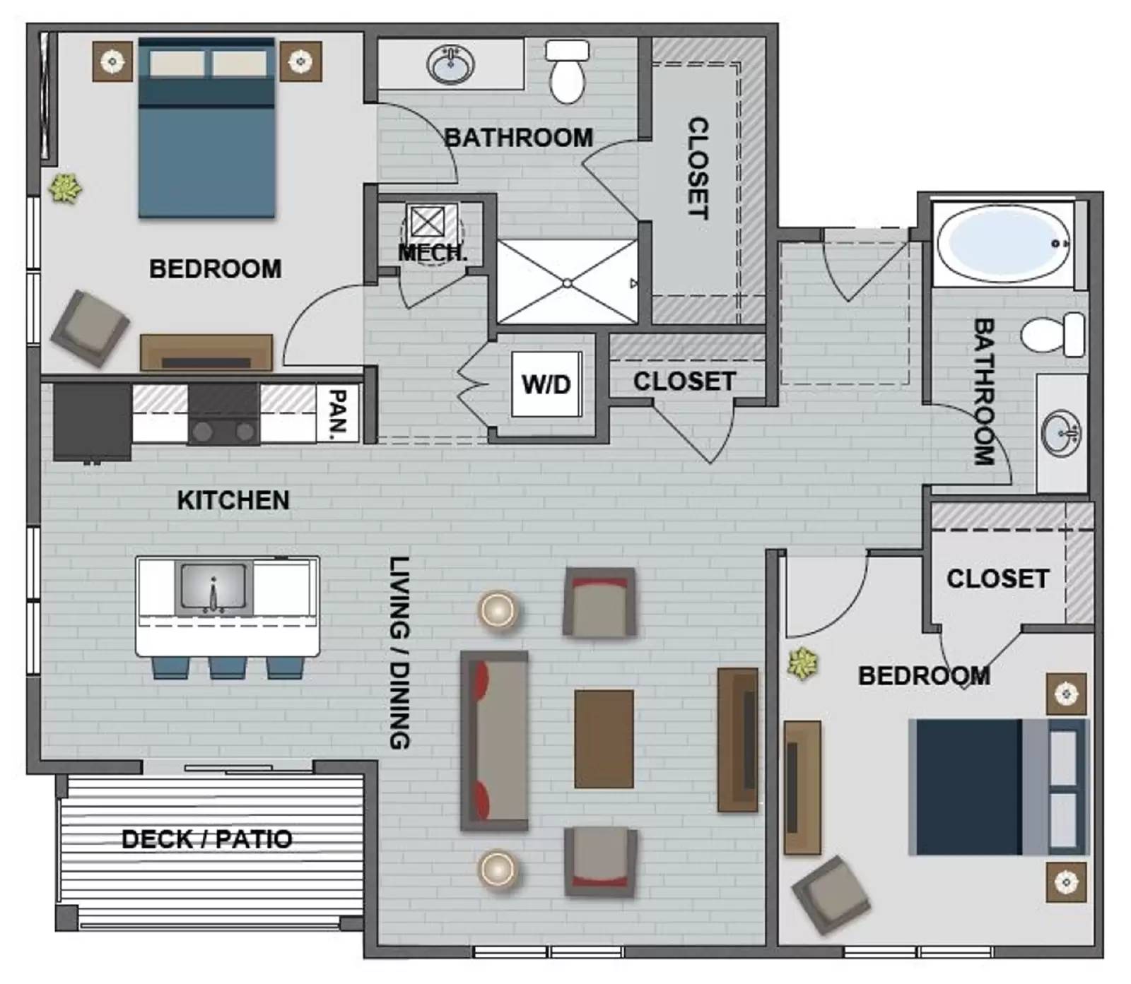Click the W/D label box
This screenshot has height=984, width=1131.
click(x=546, y=384)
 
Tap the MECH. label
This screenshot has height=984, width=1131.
click(x=433, y=252)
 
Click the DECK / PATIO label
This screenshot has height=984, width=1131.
click(x=206, y=839)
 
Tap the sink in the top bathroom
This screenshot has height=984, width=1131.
click(x=450, y=66)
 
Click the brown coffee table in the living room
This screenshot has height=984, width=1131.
click(x=604, y=739)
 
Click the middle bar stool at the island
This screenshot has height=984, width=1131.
click(x=228, y=667)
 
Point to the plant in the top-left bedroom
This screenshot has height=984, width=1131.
click(x=65, y=189)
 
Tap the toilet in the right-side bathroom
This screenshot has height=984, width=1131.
click(x=1053, y=334)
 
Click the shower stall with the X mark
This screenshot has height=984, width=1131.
click(x=567, y=283)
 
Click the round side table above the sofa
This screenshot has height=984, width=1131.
click(x=498, y=609)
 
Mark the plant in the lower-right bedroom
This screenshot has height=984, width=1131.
click(x=802, y=663)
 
